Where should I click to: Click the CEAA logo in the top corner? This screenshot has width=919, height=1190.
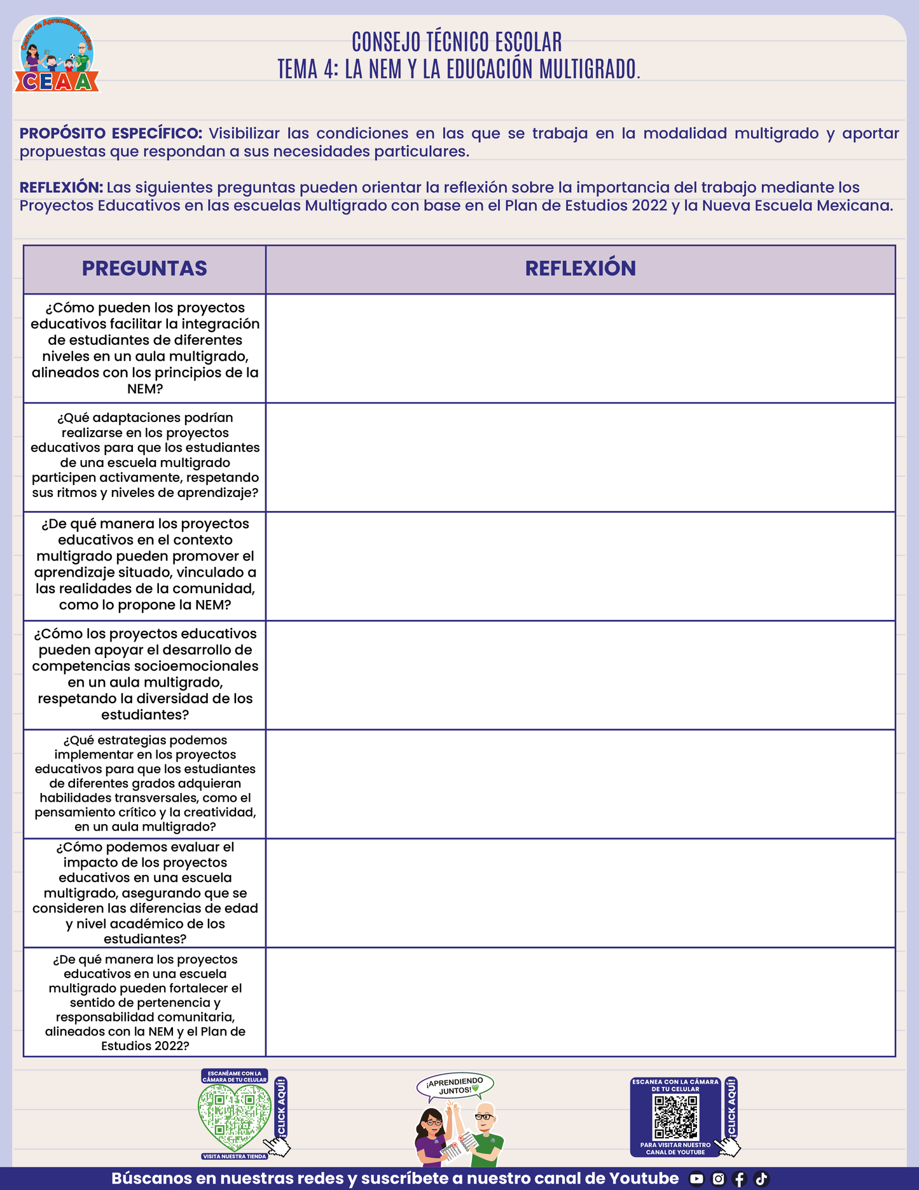click(x=57, y=56)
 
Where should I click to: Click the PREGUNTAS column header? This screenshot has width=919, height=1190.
click(x=144, y=269)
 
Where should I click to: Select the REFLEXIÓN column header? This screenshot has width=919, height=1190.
click(x=580, y=269)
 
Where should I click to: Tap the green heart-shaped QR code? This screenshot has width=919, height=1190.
click(x=234, y=1116)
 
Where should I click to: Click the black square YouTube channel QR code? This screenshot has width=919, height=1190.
click(x=676, y=1116)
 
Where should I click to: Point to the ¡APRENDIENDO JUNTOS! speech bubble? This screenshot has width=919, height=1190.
click(x=455, y=1086)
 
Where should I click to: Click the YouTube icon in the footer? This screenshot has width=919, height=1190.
click(x=696, y=1179)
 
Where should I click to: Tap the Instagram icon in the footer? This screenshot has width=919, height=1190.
click(x=718, y=1179)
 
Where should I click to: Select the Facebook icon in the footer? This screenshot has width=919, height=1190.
click(x=739, y=1179)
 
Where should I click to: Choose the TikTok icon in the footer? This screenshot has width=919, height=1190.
click(x=761, y=1179)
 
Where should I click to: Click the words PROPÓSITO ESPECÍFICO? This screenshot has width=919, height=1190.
click(x=111, y=134)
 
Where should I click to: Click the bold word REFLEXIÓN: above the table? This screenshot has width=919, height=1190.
click(x=61, y=188)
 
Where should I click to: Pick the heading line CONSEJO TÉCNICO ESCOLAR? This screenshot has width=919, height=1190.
click(x=457, y=43)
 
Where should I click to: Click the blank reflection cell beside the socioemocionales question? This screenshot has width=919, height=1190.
click(x=580, y=675)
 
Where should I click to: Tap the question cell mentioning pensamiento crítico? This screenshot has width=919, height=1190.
click(x=145, y=784)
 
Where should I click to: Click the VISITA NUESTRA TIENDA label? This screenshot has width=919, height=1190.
click(x=234, y=1156)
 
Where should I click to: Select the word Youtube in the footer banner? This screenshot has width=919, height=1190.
click(x=644, y=1179)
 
